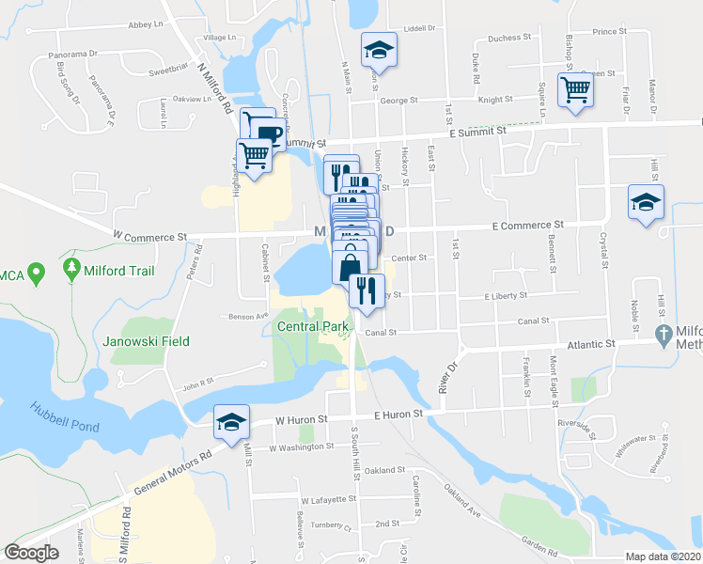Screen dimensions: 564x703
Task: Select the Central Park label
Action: pos(313,326)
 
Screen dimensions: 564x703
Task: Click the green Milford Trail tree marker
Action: pos(72,270)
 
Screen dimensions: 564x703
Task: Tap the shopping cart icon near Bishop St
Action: pos(575,90)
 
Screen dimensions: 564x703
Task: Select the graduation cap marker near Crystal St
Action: pos(646,202)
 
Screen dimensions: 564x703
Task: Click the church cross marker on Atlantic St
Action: pos(664,334)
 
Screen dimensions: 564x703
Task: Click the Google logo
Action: pos(32,553)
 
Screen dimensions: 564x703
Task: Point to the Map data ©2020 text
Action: pos(663,556)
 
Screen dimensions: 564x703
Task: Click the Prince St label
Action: pos(609,31)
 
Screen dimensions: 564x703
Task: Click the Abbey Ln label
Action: pos(146,23)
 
